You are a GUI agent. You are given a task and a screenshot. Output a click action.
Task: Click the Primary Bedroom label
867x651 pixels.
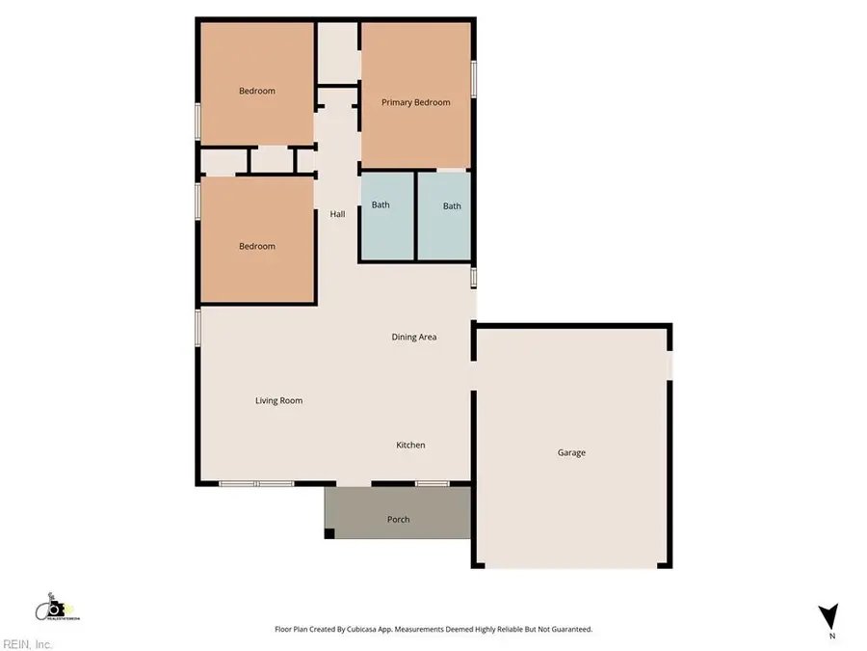click(x=415, y=102)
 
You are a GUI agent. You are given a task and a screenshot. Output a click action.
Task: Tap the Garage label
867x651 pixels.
click(x=571, y=452)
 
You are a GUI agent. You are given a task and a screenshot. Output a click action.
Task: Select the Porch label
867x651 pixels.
click(x=398, y=520)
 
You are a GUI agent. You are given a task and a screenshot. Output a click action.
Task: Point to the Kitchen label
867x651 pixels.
click(x=410, y=445)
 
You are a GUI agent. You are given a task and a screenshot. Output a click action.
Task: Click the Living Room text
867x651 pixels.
click(x=278, y=400)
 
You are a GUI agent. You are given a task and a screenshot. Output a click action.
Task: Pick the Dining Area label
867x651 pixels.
click(x=414, y=337)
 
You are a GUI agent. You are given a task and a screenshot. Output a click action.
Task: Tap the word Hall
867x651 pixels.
click(x=337, y=214)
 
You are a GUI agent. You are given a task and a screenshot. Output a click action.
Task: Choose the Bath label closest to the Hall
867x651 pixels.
click(x=381, y=205)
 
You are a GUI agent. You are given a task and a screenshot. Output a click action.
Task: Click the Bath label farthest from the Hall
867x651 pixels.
click(x=452, y=205)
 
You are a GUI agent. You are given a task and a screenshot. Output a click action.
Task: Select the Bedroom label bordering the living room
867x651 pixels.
click(x=256, y=246)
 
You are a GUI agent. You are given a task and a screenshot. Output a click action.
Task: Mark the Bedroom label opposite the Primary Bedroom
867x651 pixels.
click(x=256, y=91)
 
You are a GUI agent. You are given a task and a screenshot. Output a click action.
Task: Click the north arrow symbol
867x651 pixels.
click(x=828, y=616)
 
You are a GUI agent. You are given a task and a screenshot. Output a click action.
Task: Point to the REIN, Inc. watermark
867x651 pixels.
click(x=28, y=643)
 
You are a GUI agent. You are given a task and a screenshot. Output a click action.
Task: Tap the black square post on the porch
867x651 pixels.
click(x=329, y=533)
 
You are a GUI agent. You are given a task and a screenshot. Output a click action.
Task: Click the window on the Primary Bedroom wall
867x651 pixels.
click(x=473, y=78)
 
